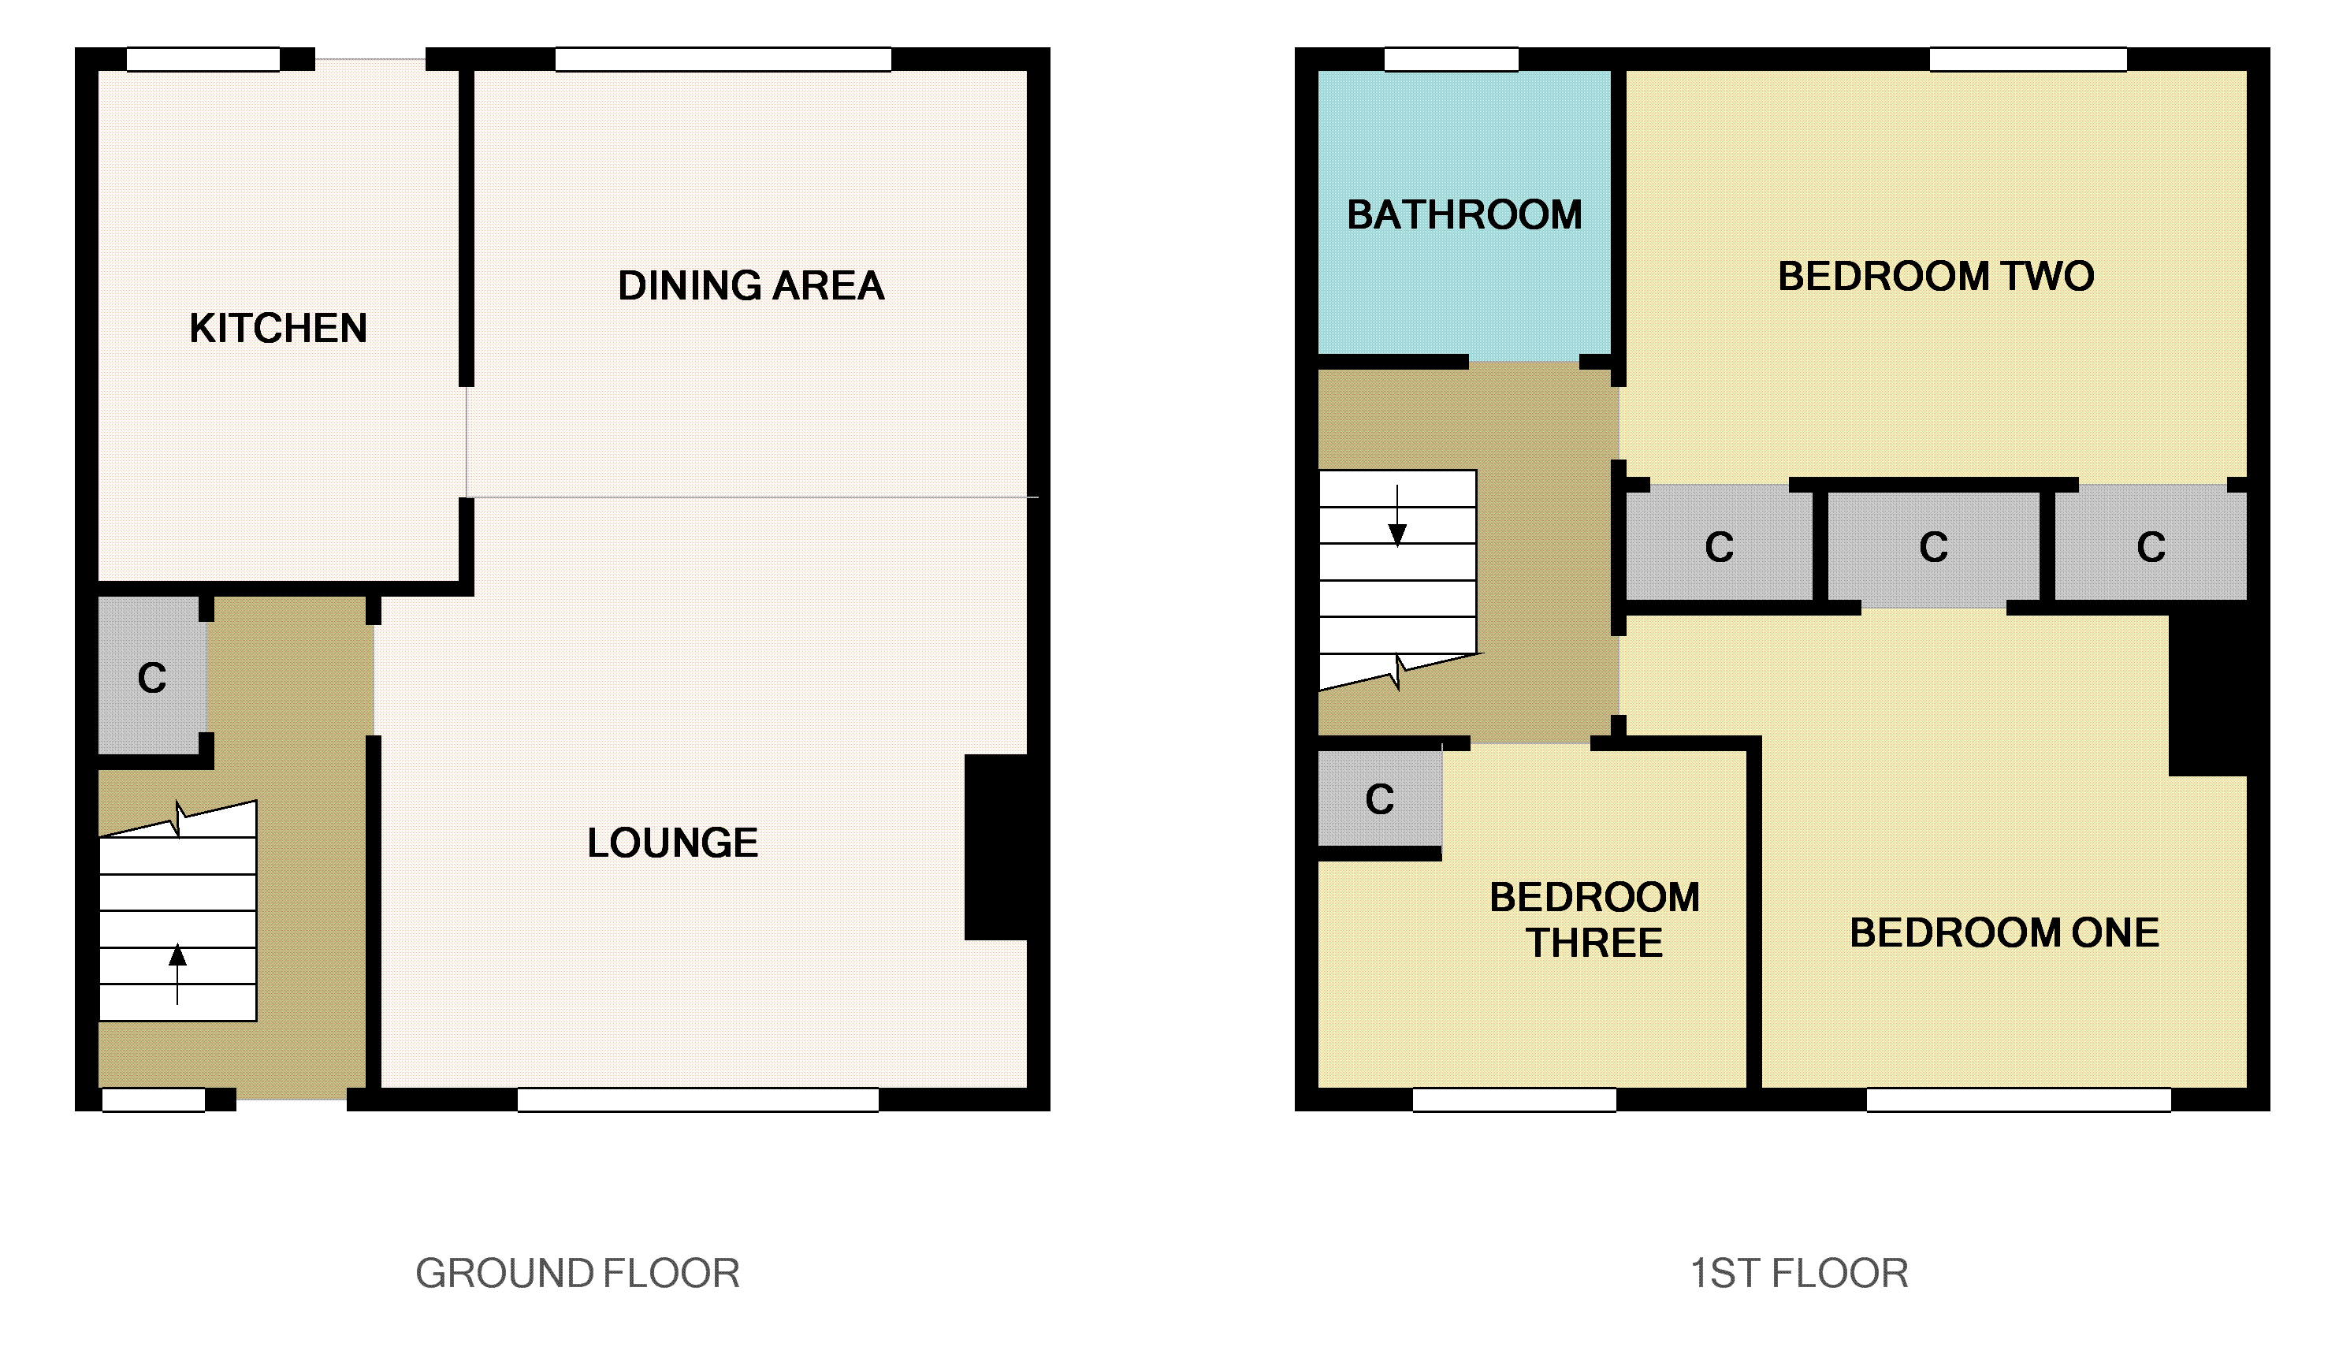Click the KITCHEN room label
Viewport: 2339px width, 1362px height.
277,329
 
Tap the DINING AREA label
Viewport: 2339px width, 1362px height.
750,286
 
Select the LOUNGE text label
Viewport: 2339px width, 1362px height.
672,843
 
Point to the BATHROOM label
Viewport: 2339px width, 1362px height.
1463,215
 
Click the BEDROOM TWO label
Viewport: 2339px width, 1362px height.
1936,277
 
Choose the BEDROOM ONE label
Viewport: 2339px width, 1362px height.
2004,933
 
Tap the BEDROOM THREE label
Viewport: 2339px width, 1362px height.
1593,920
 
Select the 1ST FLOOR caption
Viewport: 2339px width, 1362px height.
1798,1273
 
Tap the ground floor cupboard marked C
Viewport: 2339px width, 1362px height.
151,679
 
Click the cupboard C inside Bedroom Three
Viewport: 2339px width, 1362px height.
1379,799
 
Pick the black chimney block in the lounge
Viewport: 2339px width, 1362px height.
997,847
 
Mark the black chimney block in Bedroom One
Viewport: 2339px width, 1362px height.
2208,693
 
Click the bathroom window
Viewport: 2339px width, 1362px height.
1451,59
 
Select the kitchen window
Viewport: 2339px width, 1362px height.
203,59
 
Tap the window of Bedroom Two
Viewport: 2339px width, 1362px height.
2028,59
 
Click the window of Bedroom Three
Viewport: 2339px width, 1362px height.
1514,1100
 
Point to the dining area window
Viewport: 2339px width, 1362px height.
723,59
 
